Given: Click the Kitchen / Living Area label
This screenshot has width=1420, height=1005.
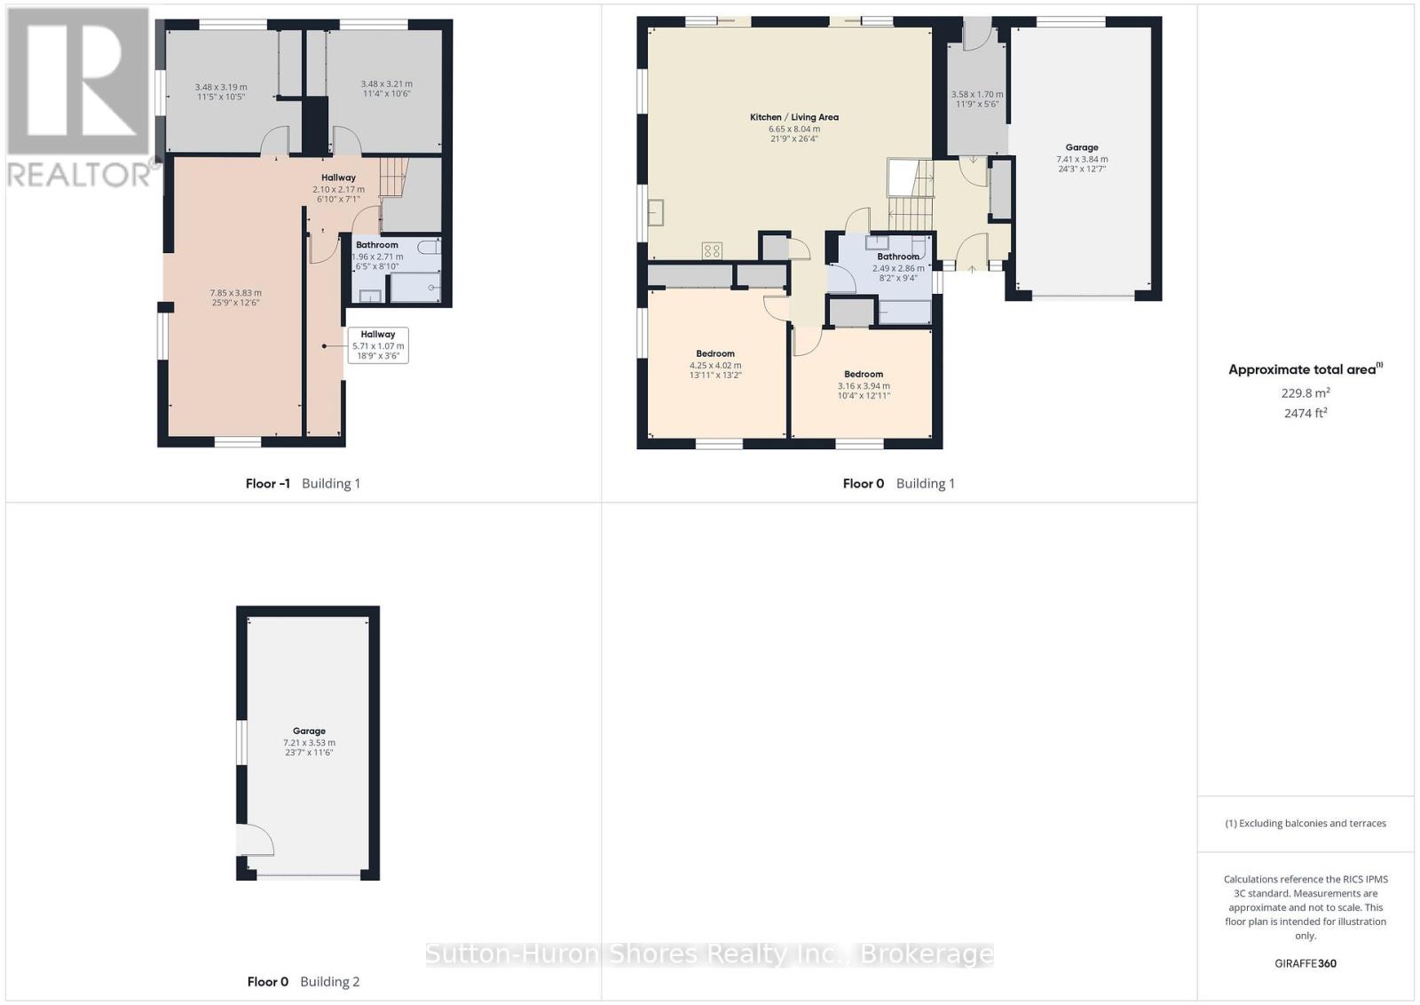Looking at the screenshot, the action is pos(793,117).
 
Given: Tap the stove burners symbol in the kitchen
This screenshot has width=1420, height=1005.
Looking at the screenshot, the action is pos(712,251).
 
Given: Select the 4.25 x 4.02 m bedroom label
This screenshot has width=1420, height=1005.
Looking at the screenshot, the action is pos(715,365).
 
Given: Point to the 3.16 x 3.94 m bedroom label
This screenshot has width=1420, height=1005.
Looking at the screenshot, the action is pos(864,385).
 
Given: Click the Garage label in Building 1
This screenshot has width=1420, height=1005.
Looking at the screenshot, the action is pos(1082,147).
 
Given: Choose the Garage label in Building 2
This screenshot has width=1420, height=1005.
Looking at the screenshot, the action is pos(309,731).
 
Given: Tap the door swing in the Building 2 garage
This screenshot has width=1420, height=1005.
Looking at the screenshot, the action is pos(256,840).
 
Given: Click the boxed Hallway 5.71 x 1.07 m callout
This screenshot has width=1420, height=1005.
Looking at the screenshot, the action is pos(378,345).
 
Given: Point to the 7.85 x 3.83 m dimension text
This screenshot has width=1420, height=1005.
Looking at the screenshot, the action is pos(236,297).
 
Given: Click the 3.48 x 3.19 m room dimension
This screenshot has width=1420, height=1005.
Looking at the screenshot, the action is pos(221,92).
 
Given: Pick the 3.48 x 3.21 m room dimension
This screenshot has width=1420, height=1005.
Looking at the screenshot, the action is pos(387,88).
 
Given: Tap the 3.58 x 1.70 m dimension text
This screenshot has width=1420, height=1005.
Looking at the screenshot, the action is pos(977,99).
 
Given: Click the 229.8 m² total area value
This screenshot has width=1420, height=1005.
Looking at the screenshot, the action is pos(1306,393).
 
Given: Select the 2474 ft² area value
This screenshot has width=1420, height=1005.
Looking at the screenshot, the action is pos(1306,414).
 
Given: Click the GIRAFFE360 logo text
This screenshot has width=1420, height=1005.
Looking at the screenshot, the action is pos(1306,964).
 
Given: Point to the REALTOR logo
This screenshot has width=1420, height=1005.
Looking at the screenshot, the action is pos(80,99).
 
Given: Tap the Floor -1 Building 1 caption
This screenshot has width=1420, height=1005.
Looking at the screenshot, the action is pos(303,484).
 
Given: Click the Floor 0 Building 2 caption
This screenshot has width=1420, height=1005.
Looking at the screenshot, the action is pos(303,982).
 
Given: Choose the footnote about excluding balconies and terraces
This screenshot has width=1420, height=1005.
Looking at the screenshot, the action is pos(1306,824).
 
